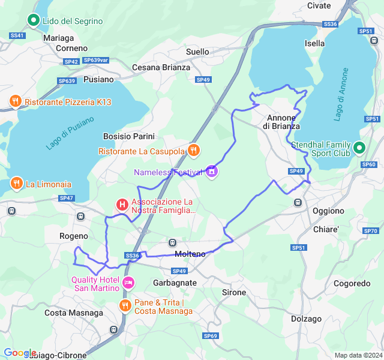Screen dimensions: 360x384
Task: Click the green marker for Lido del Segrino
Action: (34, 21)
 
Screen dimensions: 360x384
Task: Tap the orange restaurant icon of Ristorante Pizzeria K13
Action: (16, 102)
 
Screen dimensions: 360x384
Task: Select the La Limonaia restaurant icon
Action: (16, 184)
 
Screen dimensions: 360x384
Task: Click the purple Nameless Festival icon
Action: (211, 172)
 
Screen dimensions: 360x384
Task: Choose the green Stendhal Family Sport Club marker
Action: (359, 147)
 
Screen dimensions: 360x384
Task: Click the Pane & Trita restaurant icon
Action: (125, 306)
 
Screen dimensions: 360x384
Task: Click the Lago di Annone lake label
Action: (341, 100)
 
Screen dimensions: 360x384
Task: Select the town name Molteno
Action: (190, 254)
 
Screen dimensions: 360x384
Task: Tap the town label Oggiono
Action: (328, 211)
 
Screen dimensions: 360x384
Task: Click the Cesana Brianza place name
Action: (161, 67)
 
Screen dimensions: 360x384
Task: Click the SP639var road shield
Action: (96, 61)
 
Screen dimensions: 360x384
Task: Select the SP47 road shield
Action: (66, 198)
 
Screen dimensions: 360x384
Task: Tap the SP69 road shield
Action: (210, 335)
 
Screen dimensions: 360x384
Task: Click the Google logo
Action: (20, 353)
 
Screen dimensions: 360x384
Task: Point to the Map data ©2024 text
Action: (357, 355)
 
